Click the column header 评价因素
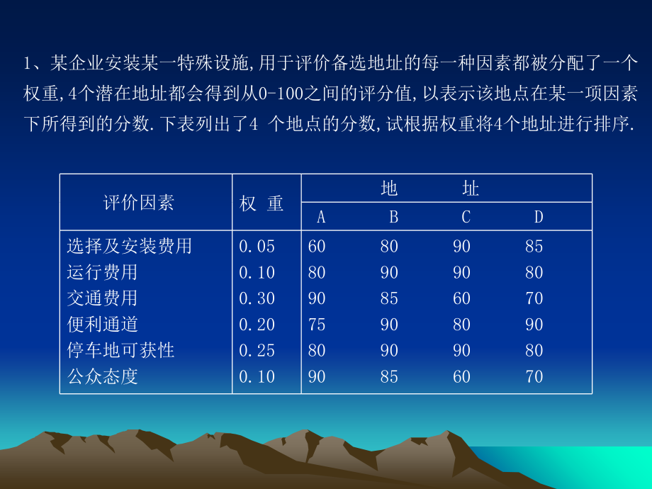tap(138, 203)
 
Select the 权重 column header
tap(262, 204)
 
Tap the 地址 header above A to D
tap(429, 189)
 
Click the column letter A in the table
tap(321, 217)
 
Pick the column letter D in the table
tap(539, 217)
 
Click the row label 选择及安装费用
tap(130, 247)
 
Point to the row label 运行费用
tap(103, 273)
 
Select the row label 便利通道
tap(103, 325)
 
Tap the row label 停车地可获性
tap(120, 350)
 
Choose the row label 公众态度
tap(103, 376)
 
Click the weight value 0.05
tap(257, 247)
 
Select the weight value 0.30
tap(257, 298)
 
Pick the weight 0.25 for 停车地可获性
tap(257, 350)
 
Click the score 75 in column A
tap(317, 325)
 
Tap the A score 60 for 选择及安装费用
tap(317, 247)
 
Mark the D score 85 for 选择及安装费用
tap(534, 247)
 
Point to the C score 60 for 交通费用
tap(461, 298)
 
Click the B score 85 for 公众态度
tap(389, 376)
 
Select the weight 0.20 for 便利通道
tap(257, 325)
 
